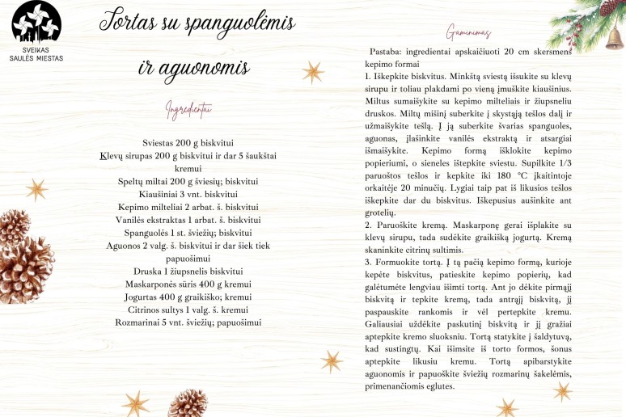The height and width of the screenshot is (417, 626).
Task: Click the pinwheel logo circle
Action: coord(36,23)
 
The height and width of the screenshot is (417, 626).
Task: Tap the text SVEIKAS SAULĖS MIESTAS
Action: coord(36,53)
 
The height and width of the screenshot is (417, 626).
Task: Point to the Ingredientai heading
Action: coord(188,108)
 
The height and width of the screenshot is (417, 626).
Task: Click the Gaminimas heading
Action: coord(468,33)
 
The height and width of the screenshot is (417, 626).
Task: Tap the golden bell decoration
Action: coord(614,37)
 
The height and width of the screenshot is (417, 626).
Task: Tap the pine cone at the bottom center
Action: coord(188,402)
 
